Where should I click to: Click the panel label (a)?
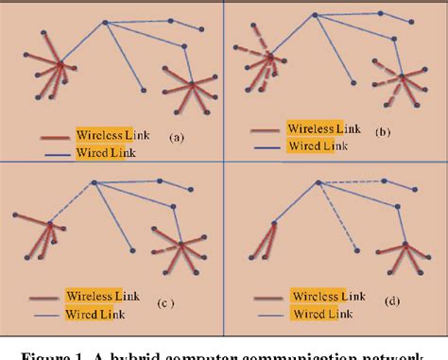coord(175,137)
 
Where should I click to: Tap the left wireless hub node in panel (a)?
coord(60,65)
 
